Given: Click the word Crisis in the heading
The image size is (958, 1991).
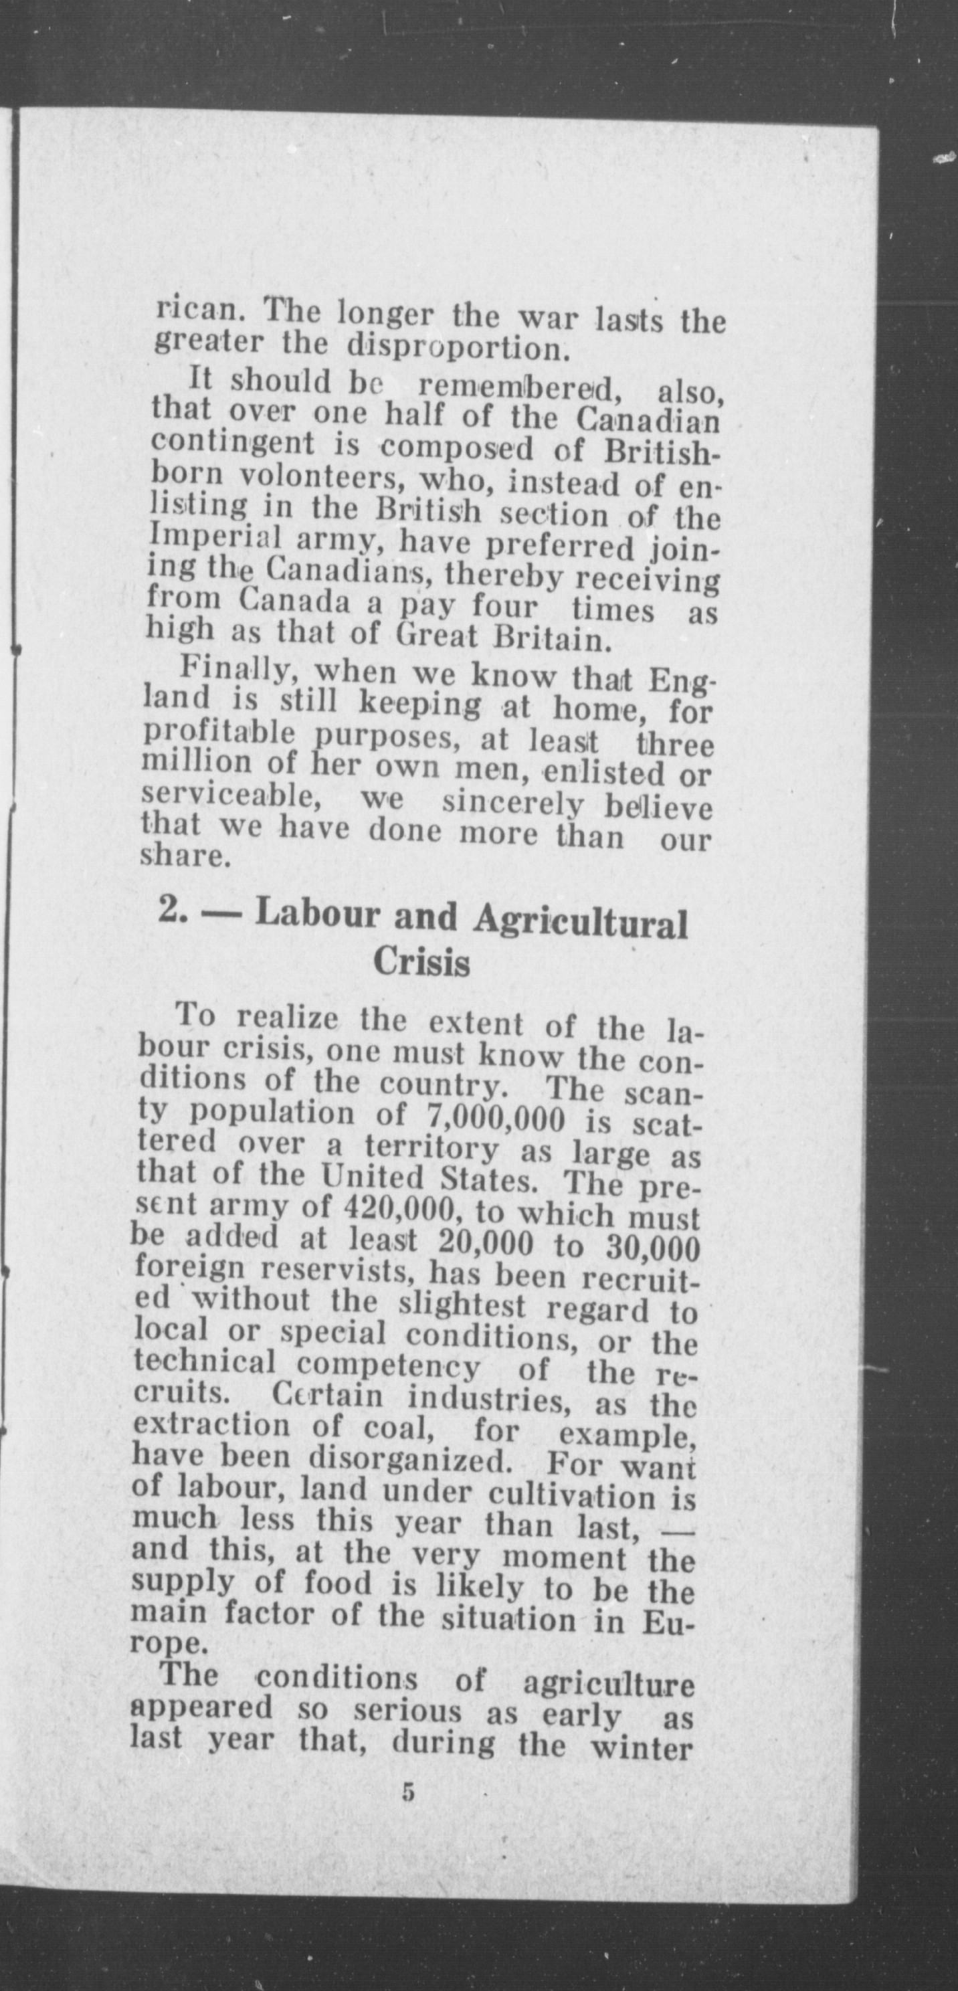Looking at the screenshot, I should click(x=422, y=962).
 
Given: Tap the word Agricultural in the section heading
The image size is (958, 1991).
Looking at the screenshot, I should click(x=580, y=920).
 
